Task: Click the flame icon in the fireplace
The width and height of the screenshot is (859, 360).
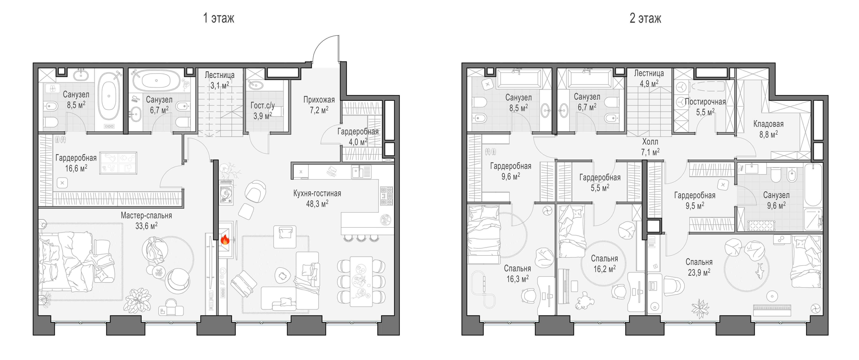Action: click(225, 239)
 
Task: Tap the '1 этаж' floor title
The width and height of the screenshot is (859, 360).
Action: click(219, 18)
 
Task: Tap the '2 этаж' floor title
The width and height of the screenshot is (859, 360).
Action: click(645, 18)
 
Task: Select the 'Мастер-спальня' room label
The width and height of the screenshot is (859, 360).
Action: click(146, 216)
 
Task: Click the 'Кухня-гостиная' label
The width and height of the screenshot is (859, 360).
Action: click(317, 193)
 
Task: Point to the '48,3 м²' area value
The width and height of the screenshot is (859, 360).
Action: click(317, 204)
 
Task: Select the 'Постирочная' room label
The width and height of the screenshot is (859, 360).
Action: click(705, 102)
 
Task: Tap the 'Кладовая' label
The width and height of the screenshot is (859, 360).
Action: click(768, 124)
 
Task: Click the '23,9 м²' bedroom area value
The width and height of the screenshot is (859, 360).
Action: click(699, 272)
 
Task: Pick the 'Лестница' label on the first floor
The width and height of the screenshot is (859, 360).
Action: click(219, 75)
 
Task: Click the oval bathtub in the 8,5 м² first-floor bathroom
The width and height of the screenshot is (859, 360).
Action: click(109, 96)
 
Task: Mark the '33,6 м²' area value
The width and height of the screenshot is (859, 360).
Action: click(146, 226)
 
